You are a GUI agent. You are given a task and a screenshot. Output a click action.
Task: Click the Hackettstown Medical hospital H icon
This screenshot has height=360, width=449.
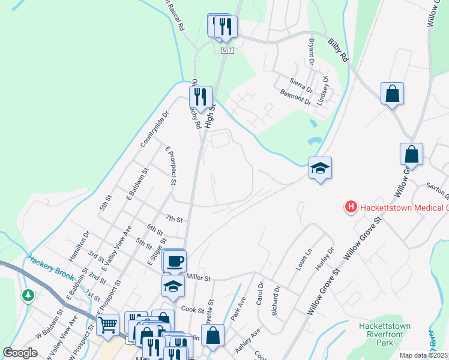(351, 208)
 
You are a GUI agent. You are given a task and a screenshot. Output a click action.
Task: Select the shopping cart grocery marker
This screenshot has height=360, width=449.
(108, 325)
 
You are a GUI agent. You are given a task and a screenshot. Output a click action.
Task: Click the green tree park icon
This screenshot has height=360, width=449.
(28, 295)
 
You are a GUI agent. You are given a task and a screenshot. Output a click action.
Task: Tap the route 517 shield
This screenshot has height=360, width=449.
(226, 50)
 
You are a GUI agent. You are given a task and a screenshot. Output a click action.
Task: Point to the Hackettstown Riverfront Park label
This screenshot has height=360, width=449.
(384, 334)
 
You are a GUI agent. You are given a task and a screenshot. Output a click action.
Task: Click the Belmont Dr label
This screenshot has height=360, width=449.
(295, 97)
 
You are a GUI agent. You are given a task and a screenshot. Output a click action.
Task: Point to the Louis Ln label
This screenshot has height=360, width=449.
(303, 259)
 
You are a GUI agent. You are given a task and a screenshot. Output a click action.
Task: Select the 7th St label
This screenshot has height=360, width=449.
(173, 220)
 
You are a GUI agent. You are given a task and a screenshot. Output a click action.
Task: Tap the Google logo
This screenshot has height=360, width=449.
(20, 353)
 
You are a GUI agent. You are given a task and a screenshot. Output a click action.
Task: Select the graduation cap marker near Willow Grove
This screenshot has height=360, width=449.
(320, 168)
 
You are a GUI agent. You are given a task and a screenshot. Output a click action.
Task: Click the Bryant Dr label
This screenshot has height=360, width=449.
(312, 53)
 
